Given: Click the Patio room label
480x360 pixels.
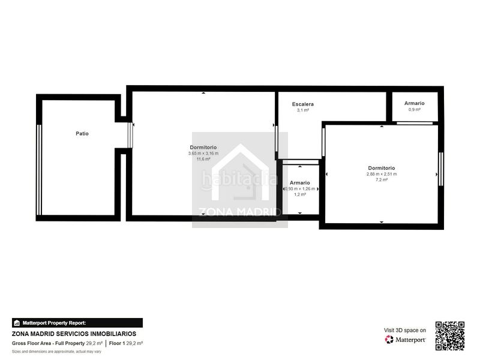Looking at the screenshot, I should (x=82, y=134).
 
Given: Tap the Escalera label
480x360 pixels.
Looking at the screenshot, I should (x=303, y=104).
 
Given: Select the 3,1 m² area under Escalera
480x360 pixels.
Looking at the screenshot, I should (x=303, y=110).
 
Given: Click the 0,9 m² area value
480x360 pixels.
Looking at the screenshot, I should (x=414, y=110).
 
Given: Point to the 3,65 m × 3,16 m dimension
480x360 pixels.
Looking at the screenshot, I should (x=203, y=154).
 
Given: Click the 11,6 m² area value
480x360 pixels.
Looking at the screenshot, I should (x=203, y=160).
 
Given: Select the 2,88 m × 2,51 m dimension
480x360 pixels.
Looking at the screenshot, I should (x=382, y=174).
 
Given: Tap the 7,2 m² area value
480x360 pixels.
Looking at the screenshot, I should (x=382, y=180).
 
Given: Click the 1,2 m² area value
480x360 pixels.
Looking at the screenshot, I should (x=300, y=194).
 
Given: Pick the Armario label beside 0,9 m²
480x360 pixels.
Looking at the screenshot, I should (x=414, y=103).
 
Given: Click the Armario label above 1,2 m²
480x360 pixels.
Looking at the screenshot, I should (x=300, y=182).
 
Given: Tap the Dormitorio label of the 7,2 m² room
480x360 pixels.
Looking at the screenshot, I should (x=382, y=168).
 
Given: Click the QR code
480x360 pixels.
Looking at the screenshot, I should (x=450, y=336).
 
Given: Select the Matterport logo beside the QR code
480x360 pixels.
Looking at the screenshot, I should (x=406, y=340).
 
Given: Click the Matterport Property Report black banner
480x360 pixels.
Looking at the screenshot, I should (x=77, y=323).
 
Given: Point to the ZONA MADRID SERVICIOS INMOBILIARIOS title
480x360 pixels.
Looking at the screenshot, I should (x=74, y=334).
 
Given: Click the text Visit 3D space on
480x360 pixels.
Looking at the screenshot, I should (x=405, y=330).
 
